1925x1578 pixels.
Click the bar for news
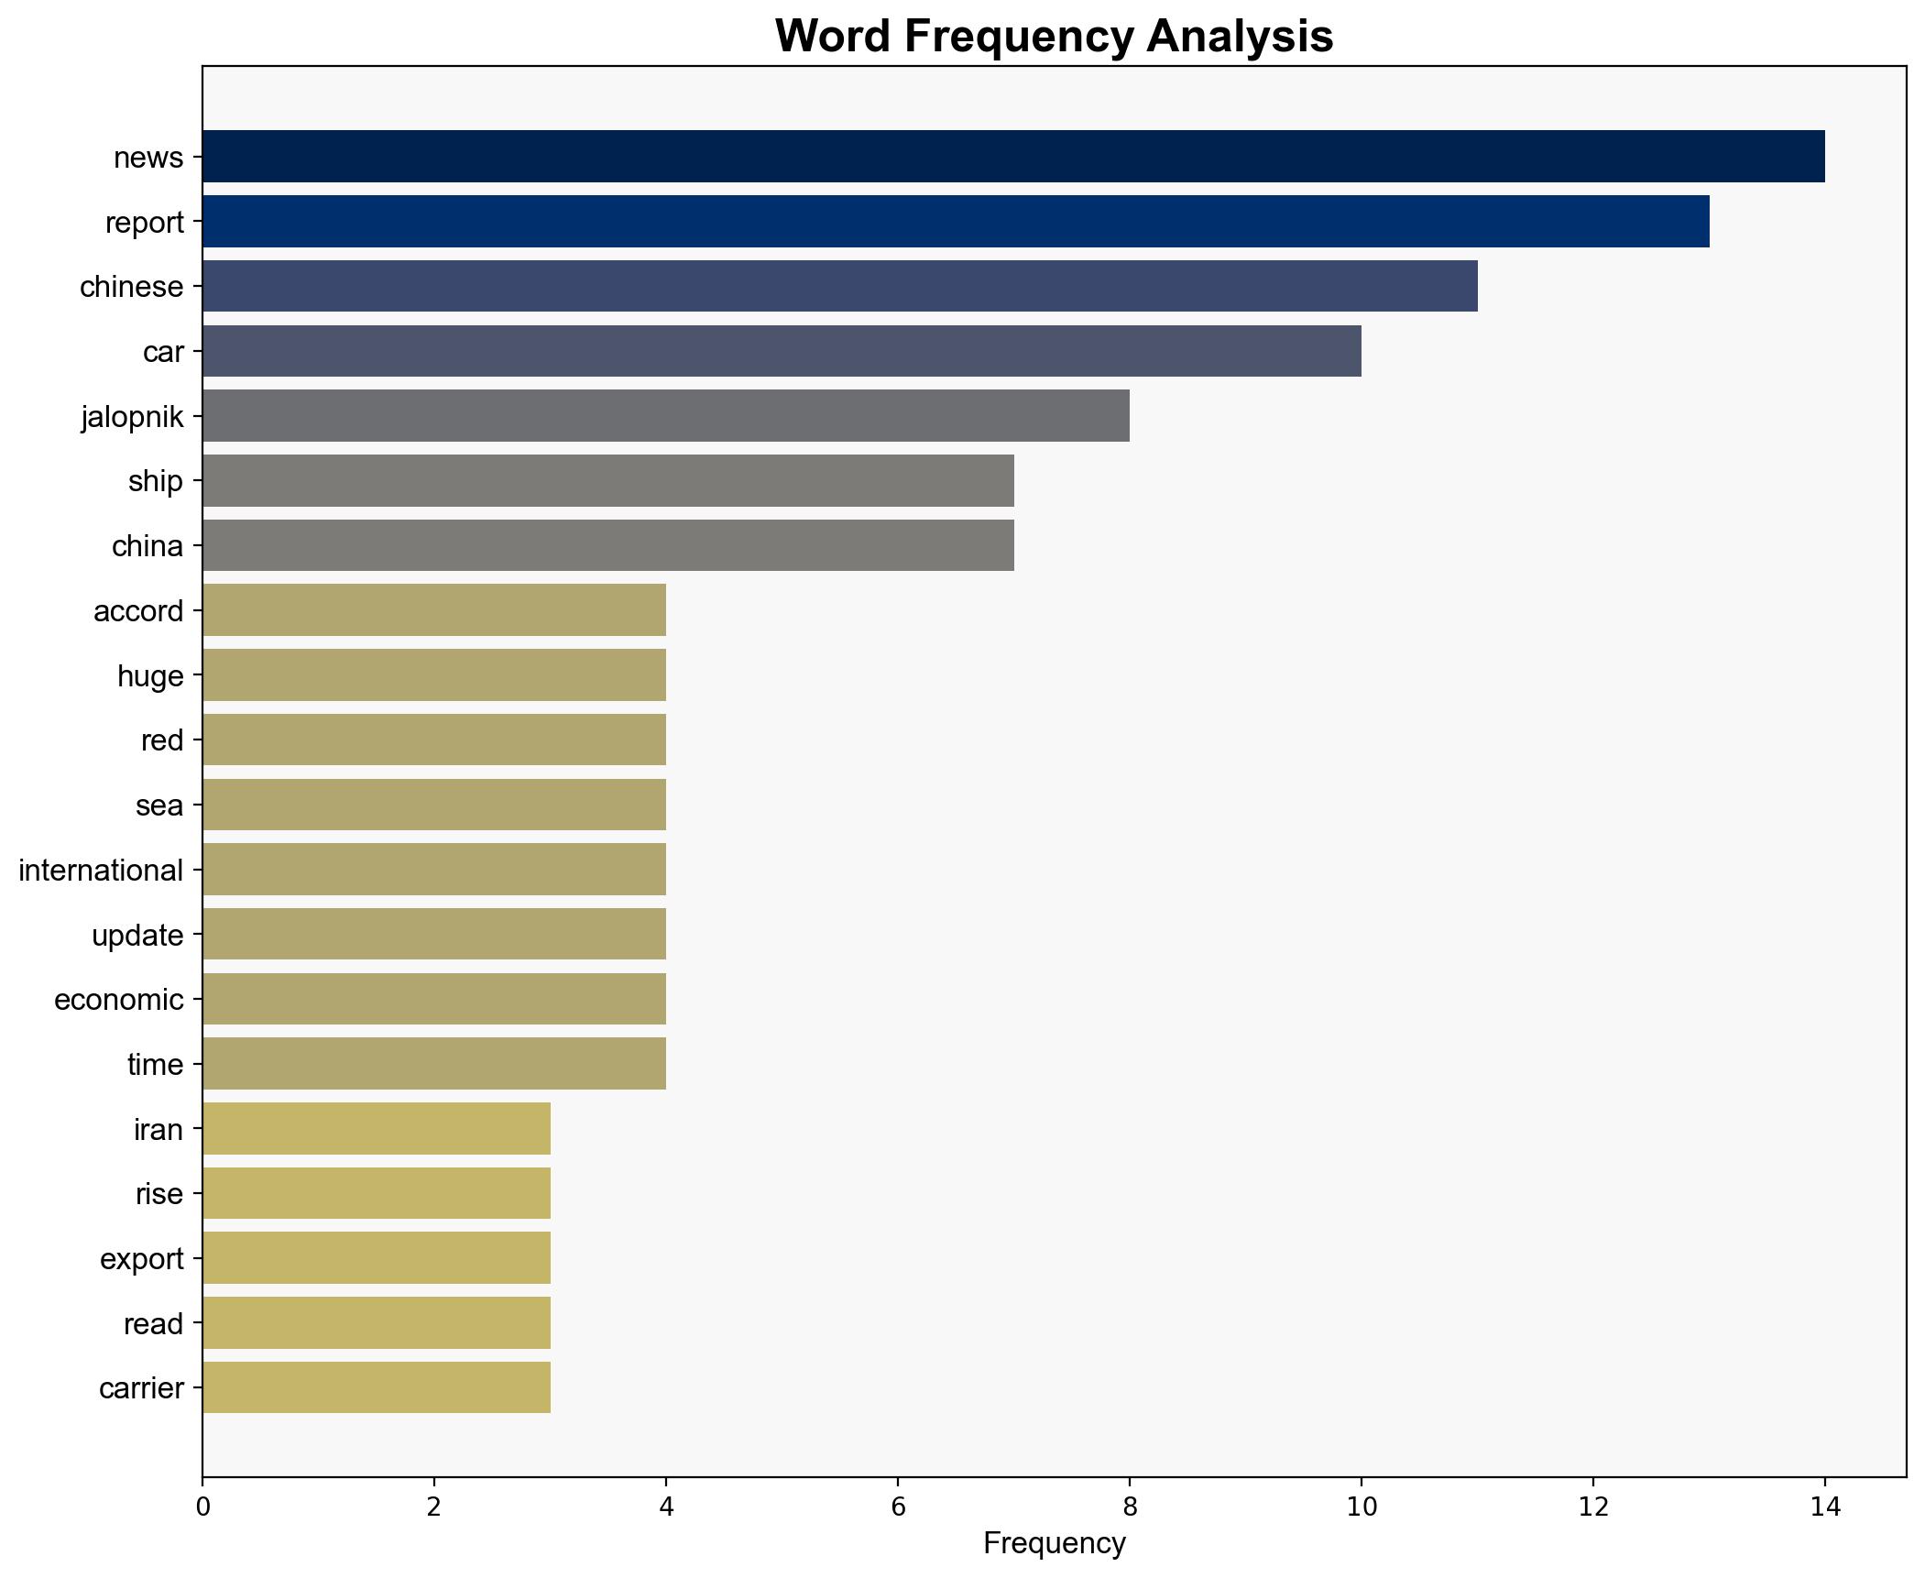pyautogui.click(x=1012, y=156)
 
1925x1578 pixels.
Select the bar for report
pyautogui.click(x=955, y=221)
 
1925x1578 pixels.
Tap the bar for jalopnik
pyautogui.click(x=665, y=415)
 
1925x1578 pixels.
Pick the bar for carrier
pyautogui.click(x=376, y=1387)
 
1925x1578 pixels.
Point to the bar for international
pyautogui.click(x=433, y=869)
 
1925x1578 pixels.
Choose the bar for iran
pyautogui.click(x=376, y=1128)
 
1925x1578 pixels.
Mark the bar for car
pyautogui.click(x=781, y=351)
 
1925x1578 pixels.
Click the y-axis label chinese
pyautogui.click(x=132, y=287)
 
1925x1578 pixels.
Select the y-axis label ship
pyautogui.click(x=156, y=481)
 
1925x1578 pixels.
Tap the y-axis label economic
pyautogui.click(x=119, y=999)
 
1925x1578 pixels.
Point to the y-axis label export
pyautogui.click(x=142, y=1258)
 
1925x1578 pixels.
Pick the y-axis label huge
pyautogui.click(x=150, y=676)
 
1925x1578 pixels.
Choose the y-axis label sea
pyautogui.click(x=159, y=805)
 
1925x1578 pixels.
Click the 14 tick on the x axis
pyautogui.click(x=1824, y=1507)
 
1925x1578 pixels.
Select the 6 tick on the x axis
pyautogui.click(x=897, y=1507)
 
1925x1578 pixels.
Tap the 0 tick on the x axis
pyautogui.click(x=202, y=1507)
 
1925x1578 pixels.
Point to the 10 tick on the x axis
pyautogui.click(x=1361, y=1507)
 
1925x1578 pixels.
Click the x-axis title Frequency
pyautogui.click(x=1054, y=1544)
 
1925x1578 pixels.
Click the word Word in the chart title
pyautogui.click(x=833, y=37)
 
